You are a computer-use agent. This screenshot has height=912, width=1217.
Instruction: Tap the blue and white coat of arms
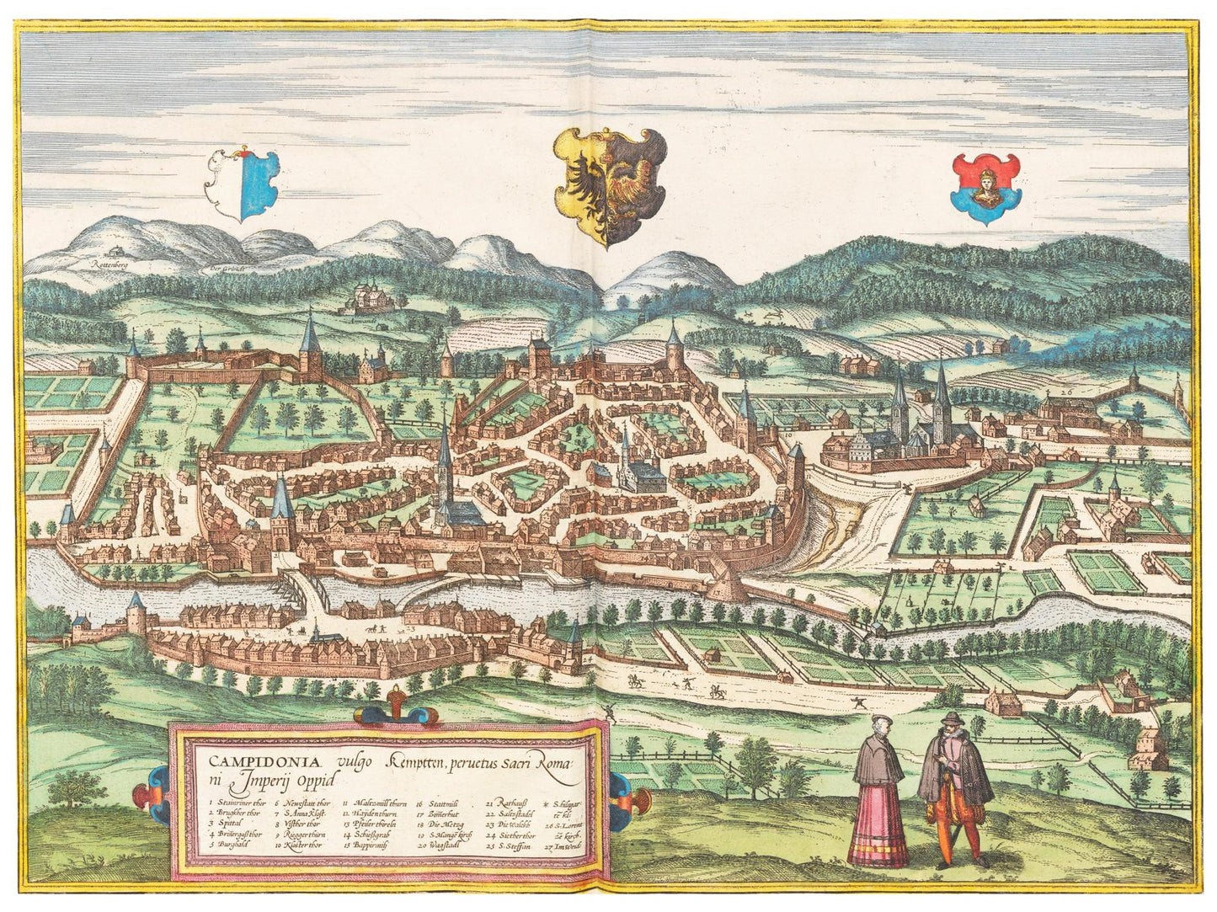243,183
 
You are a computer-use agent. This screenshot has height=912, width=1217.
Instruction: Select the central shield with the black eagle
604,184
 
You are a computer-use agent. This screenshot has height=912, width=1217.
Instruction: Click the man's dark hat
951,717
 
